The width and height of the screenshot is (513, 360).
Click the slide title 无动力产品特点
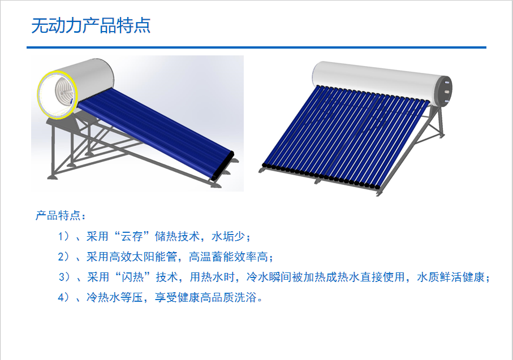[90, 26]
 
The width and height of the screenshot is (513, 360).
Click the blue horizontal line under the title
[256, 47]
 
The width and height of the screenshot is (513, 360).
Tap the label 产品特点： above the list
[61, 216]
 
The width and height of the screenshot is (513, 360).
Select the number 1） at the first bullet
[63, 236]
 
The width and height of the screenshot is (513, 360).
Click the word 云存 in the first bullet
[132, 236]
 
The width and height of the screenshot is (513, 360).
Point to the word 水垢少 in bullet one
[228, 236]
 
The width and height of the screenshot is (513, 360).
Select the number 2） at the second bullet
[63, 257]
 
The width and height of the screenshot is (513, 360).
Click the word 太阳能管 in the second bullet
[154, 257]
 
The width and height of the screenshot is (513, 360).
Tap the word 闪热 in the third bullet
[133, 277]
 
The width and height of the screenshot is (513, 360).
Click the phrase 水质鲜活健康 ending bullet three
[451, 277]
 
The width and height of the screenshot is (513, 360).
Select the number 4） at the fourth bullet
[63, 297]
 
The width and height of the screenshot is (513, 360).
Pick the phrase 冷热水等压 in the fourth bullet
[114, 297]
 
